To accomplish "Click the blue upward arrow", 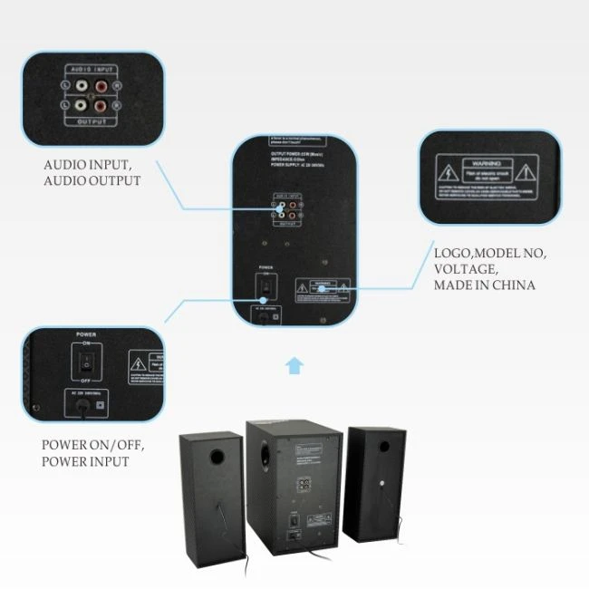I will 294,365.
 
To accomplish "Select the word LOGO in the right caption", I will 452,253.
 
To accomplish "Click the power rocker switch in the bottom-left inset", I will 84,362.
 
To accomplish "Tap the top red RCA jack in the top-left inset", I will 100,88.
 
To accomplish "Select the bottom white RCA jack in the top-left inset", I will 82,105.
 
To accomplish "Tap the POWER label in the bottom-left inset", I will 84,334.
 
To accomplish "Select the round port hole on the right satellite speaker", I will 384,446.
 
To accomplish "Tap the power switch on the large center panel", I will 266,285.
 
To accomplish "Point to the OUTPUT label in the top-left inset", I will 91,121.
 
